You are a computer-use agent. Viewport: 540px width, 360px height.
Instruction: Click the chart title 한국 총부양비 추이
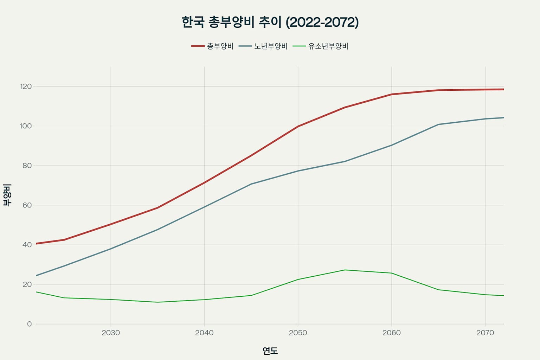point(270,22)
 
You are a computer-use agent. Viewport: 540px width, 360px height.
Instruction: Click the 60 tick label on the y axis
point(27,205)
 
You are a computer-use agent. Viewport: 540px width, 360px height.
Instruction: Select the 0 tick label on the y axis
point(30,324)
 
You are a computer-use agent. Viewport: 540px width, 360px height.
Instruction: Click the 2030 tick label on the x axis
point(111,333)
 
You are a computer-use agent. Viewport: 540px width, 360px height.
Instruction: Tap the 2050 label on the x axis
point(298,333)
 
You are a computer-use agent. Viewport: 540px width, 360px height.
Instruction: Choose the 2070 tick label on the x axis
point(485,333)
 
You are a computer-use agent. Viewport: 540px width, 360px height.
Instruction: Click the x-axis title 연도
point(270,351)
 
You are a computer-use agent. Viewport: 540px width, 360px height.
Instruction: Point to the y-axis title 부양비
point(7,195)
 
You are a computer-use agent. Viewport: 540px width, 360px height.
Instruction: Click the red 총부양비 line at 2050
point(298,126)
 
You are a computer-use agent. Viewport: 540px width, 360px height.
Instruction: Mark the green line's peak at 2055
point(345,270)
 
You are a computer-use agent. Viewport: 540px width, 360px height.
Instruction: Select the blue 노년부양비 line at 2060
point(392,145)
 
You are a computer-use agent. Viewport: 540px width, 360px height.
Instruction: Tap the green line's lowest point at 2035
point(157,302)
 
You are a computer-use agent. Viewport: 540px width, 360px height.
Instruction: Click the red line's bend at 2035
point(157,208)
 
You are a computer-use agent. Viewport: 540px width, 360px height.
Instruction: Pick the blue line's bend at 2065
point(438,124)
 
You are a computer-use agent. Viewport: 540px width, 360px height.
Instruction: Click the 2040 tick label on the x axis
point(204,333)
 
